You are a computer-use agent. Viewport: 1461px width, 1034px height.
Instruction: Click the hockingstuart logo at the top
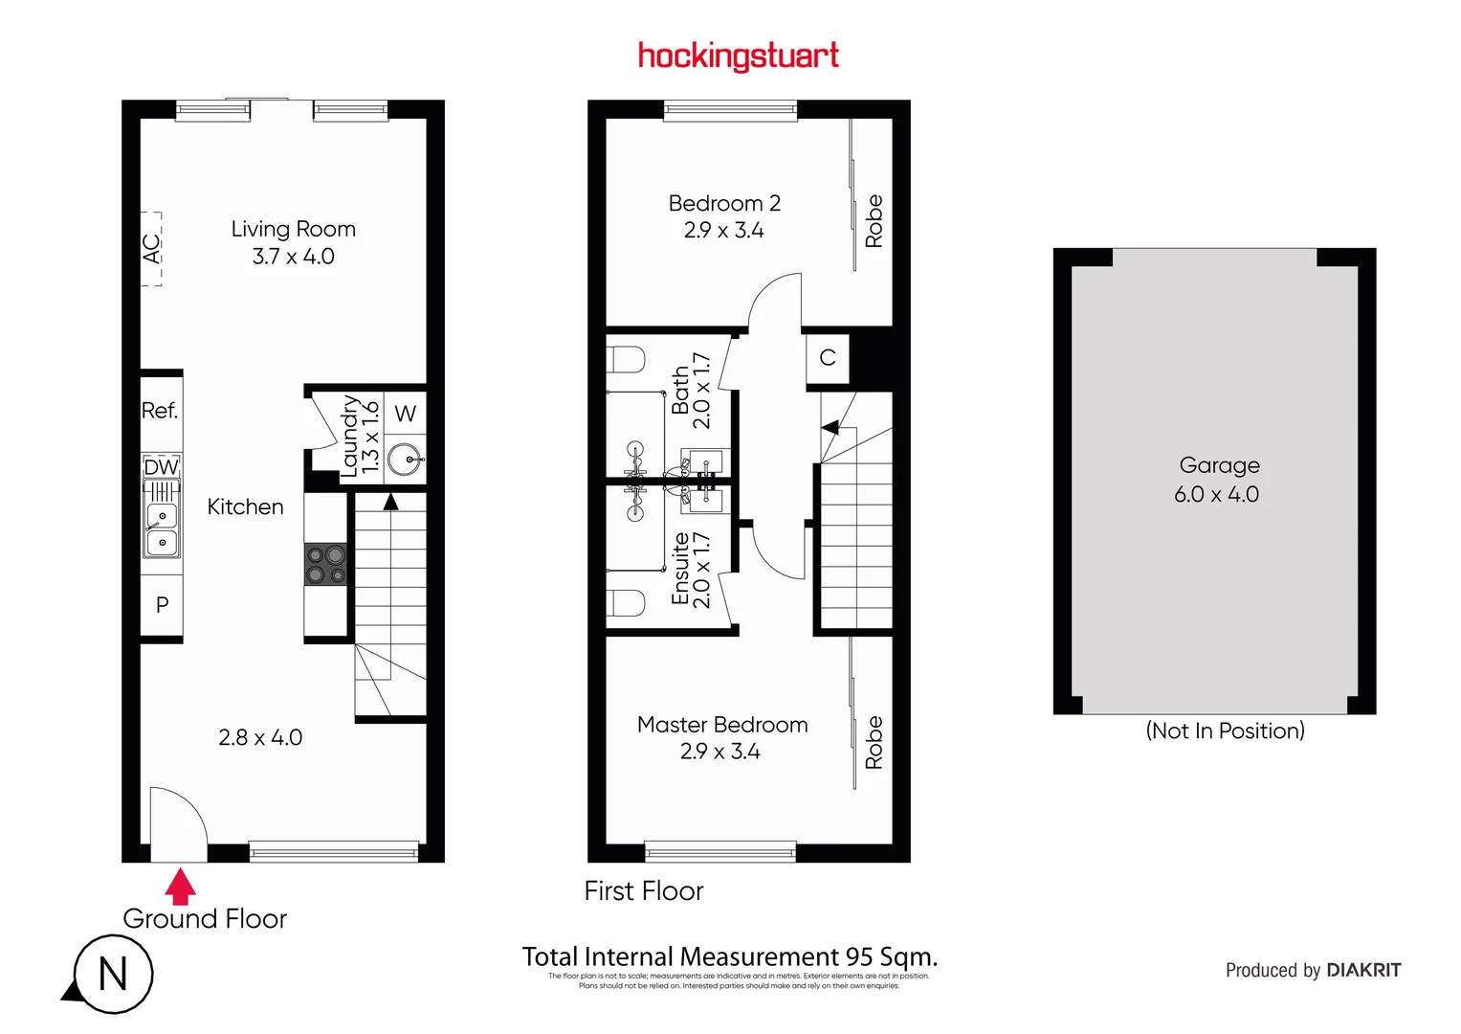tap(738, 56)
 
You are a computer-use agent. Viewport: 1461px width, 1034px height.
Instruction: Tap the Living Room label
tap(293, 230)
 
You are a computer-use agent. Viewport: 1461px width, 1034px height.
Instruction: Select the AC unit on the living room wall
tap(151, 249)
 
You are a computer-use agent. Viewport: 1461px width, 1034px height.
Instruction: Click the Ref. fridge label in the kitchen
tap(160, 411)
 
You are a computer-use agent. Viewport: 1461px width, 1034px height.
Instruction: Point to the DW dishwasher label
tap(161, 467)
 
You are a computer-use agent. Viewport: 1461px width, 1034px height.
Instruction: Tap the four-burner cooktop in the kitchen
tap(325, 564)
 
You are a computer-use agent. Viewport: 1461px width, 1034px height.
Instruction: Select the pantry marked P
tap(162, 605)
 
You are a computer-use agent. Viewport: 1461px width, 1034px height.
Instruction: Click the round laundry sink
tap(407, 461)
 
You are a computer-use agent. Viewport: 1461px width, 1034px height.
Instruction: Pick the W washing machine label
tap(406, 414)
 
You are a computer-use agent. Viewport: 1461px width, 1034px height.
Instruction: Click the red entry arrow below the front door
tap(180, 886)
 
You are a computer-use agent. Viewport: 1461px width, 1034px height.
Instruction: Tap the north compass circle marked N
tap(114, 975)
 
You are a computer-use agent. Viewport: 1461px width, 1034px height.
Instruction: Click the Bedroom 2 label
tap(724, 204)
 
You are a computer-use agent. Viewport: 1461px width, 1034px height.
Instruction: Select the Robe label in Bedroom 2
tap(874, 221)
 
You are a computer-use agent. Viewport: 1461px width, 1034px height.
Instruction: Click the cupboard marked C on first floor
tap(828, 358)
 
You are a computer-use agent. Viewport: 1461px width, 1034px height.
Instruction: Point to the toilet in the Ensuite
tap(626, 603)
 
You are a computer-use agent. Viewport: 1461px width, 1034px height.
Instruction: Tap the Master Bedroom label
tap(722, 725)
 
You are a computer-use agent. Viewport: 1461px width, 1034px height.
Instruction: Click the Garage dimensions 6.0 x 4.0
tap(1216, 495)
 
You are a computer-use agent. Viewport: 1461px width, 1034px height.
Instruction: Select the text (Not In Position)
tap(1225, 731)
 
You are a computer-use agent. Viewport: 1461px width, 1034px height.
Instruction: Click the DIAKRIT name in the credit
tap(1363, 970)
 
